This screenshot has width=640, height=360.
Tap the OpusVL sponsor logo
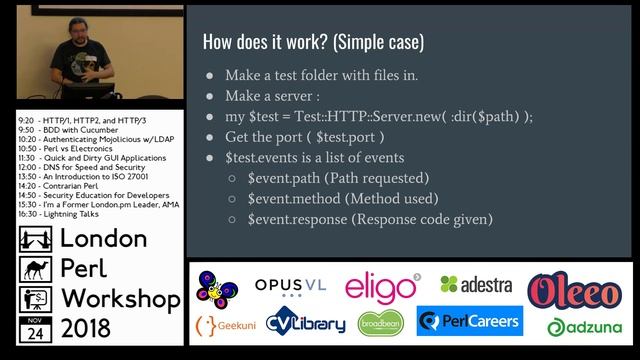pos(292,288)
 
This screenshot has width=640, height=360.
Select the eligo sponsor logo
pos(383,287)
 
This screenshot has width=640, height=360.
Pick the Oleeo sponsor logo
pos(577,289)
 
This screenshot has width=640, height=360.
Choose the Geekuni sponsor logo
pos(223,325)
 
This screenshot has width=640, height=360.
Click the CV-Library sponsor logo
pos(306,323)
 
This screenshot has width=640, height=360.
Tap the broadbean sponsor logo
pos(381,323)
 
